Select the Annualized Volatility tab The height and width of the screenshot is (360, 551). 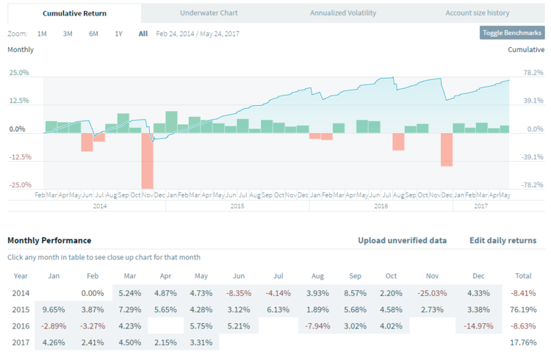(x=343, y=13)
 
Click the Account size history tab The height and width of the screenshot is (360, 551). (x=477, y=13)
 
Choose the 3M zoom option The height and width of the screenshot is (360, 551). (x=68, y=34)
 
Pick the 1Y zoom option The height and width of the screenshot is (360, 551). (x=118, y=34)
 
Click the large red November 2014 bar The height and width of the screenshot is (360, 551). (x=147, y=160)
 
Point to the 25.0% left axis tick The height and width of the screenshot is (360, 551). (x=19, y=73)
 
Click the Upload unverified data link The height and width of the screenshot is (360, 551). (x=402, y=240)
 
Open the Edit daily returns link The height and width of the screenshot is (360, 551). (x=503, y=240)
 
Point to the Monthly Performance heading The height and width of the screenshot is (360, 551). (x=49, y=240)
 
